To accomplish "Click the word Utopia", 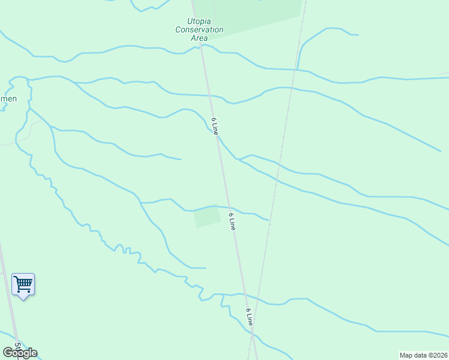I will pyautogui.click(x=199, y=21).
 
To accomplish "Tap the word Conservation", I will pyautogui.click(x=199, y=29).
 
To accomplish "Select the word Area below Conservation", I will pyautogui.click(x=199, y=38).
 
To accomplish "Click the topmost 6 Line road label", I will pyautogui.click(x=213, y=125).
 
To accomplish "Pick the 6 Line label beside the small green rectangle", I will pyautogui.click(x=232, y=221).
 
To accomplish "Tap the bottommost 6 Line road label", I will pyautogui.click(x=249, y=317).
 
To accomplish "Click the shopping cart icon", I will pyautogui.click(x=23, y=283).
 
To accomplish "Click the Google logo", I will pyautogui.click(x=20, y=353).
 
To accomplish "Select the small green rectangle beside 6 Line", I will pyautogui.click(x=207, y=217).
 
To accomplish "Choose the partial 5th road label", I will pyautogui.click(x=18, y=348).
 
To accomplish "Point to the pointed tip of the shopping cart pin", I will pyautogui.click(x=23, y=299).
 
